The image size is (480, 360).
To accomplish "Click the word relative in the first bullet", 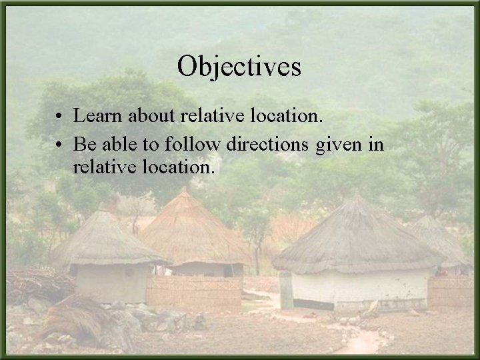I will (x=207, y=117).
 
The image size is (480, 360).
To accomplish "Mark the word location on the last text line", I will (x=177, y=167).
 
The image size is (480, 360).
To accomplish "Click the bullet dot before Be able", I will (x=60, y=145).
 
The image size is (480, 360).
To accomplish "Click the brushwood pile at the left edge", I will (x=33, y=283).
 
